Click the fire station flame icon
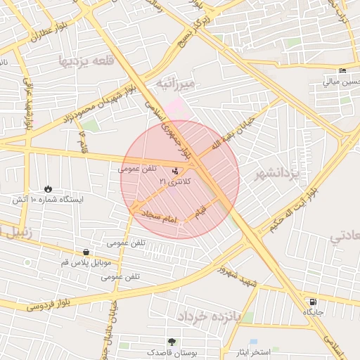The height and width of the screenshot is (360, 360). coord(47,188)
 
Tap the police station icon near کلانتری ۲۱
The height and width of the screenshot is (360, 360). coord(175,171)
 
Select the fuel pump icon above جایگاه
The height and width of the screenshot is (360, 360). coord(311,302)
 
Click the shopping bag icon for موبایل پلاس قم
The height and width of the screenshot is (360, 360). coord(86,252)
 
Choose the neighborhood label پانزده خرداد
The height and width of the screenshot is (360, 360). coord(209,317)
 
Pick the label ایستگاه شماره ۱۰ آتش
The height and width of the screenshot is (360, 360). coord(47,200)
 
